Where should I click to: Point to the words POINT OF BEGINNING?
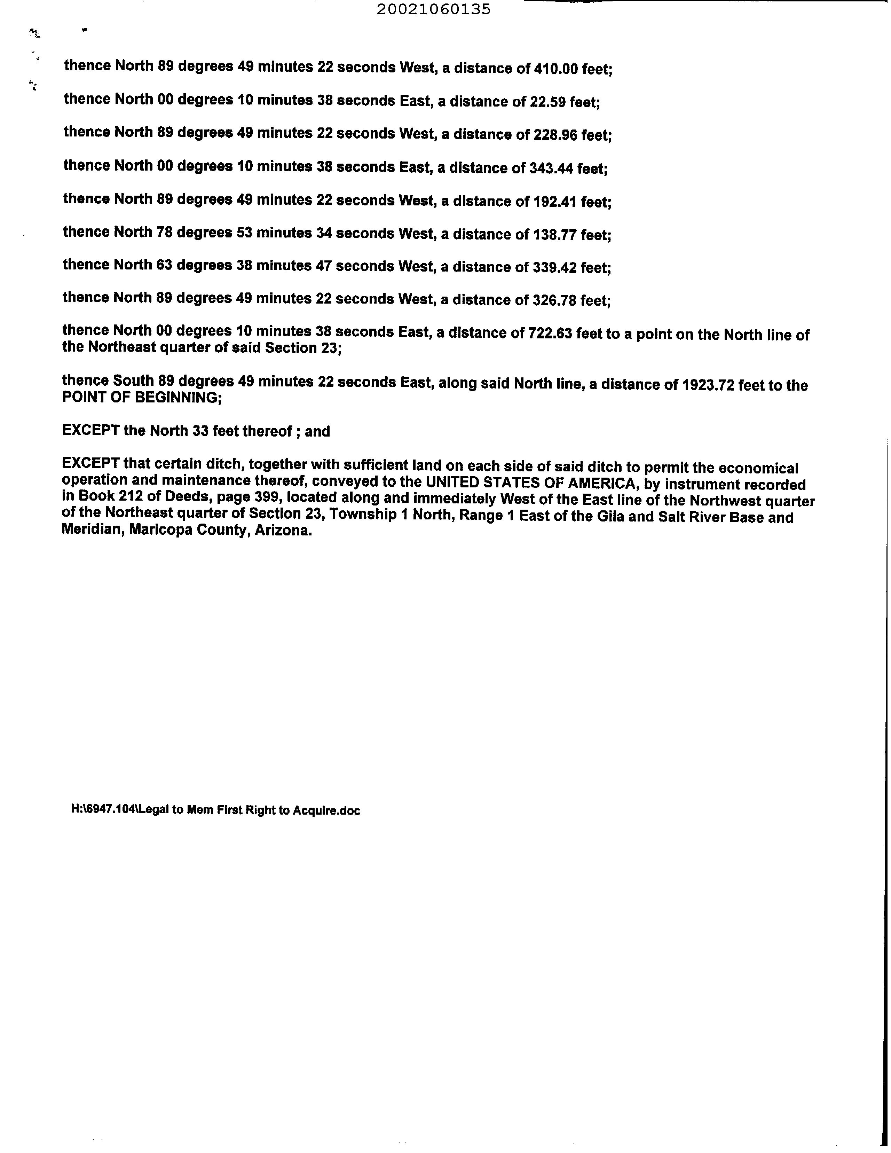click(141, 398)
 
